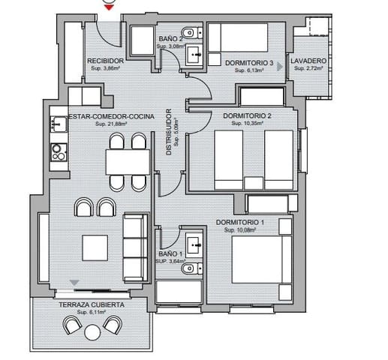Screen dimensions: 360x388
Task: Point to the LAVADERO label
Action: click(308, 61)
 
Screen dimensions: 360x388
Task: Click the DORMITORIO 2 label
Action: click(247, 115)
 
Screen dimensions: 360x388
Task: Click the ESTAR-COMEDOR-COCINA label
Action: click(111, 116)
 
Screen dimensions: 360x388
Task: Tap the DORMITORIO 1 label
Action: click(240, 223)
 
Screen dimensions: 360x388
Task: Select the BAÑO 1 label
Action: click(169, 253)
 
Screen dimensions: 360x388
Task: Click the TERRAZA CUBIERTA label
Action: click(93, 305)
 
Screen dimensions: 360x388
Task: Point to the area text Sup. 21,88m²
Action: click(111, 124)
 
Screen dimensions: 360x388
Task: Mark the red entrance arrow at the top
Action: click(109, 7)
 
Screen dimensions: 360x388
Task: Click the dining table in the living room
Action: click(127, 161)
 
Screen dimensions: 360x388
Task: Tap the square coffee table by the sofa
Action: click(96, 247)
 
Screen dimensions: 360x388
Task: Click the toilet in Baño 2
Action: click(192, 32)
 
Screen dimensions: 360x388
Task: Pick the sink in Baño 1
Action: click(194, 242)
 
